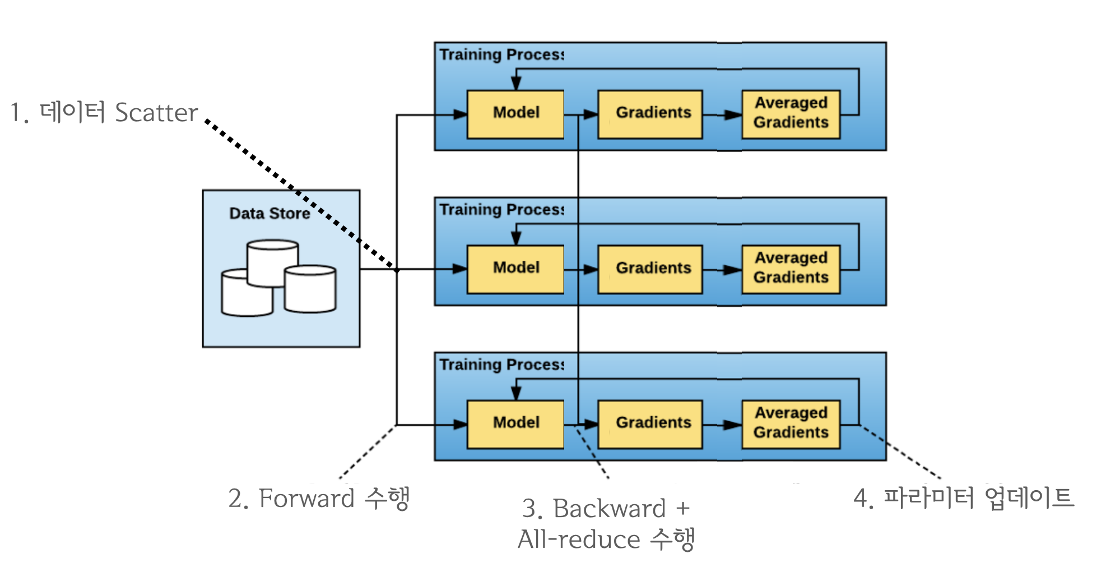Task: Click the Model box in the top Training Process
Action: tap(515, 114)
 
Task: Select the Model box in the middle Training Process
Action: tap(515, 269)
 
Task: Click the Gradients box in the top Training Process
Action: tap(650, 114)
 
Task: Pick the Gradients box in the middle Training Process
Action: tap(650, 269)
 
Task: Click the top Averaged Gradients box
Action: tap(791, 114)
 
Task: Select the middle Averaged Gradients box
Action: tap(791, 269)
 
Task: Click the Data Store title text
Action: tap(269, 214)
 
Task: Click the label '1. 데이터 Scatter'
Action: tap(104, 113)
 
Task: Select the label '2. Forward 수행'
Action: tap(319, 499)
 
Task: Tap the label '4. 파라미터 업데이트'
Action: tap(964, 498)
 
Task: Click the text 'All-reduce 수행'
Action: tap(606, 539)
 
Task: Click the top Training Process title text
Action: tap(501, 55)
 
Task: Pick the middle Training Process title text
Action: tap(501, 210)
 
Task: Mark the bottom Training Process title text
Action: tap(501, 365)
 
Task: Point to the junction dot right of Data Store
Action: tap(397, 270)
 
